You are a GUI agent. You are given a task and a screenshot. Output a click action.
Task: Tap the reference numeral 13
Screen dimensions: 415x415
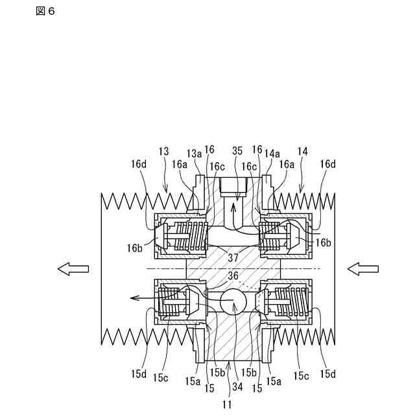click(x=163, y=150)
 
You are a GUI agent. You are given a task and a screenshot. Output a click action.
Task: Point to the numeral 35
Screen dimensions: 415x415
click(x=237, y=150)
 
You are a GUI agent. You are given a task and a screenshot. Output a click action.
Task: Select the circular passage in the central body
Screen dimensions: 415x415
click(x=233, y=302)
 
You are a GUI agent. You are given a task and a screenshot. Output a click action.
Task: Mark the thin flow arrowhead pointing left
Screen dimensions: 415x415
click(x=134, y=298)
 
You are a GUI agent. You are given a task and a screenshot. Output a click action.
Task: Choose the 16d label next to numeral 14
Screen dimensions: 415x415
click(x=327, y=165)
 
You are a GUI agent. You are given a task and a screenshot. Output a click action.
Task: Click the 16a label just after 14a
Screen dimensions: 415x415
click(x=286, y=165)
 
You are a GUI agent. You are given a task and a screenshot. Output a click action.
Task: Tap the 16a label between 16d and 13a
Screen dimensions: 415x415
click(x=181, y=165)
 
